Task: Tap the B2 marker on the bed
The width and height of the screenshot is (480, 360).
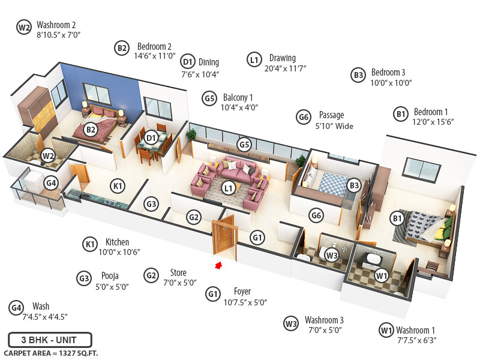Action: point(91,129)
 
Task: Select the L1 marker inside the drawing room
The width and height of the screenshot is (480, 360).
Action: point(228,188)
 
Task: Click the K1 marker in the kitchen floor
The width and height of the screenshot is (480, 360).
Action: point(118,186)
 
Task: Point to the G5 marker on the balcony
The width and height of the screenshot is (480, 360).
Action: point(244,145)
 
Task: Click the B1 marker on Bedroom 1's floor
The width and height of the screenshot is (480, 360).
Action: point(397,218)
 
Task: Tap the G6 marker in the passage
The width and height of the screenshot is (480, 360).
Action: point(316,215)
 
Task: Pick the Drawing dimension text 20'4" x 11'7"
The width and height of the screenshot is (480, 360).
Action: point(285,68)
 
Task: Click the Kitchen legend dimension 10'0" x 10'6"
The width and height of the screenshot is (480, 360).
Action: point(119,252)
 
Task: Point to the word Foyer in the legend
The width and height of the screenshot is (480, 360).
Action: point(242,292)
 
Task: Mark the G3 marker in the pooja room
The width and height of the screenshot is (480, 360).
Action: point(152,205)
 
